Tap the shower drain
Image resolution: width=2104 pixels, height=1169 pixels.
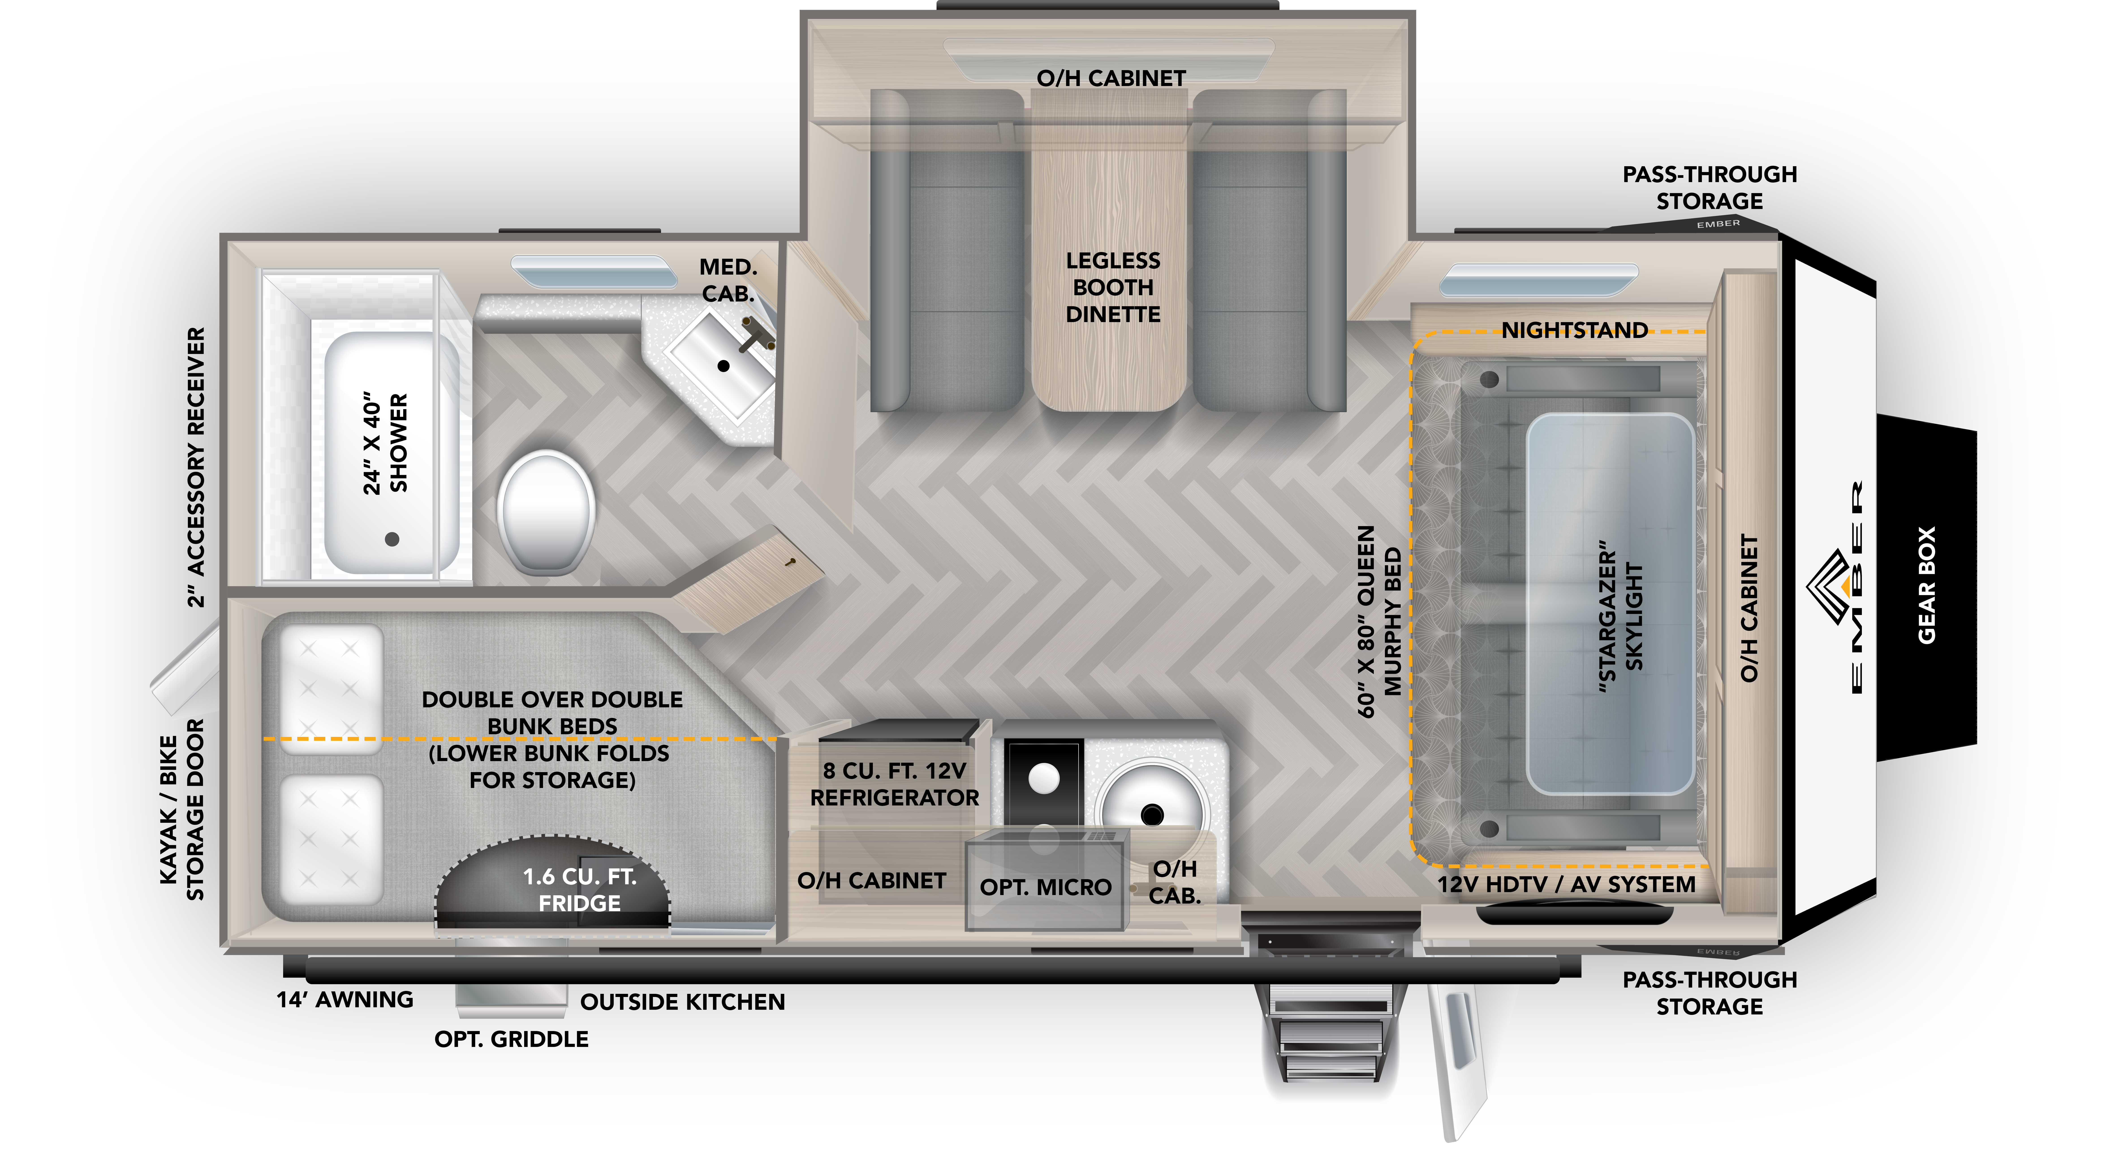[x=392, y=539]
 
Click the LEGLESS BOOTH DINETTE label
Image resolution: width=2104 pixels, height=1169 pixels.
[x=1112, y=288]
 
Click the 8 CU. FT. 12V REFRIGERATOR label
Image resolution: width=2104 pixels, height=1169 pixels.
[x=894, y=784]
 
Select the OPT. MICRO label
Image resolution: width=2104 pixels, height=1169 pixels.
[x=1045, y=887]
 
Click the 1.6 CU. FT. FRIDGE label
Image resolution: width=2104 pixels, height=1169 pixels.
[x=579, y=890]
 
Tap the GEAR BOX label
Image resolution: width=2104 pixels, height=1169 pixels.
[x=1926, y=585]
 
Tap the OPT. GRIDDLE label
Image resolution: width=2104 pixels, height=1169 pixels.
[x=511, y=1039]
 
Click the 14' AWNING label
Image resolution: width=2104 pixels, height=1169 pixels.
[x=345, y=1000]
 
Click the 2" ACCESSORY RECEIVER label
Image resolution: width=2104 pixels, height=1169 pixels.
[x=196, y=467]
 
